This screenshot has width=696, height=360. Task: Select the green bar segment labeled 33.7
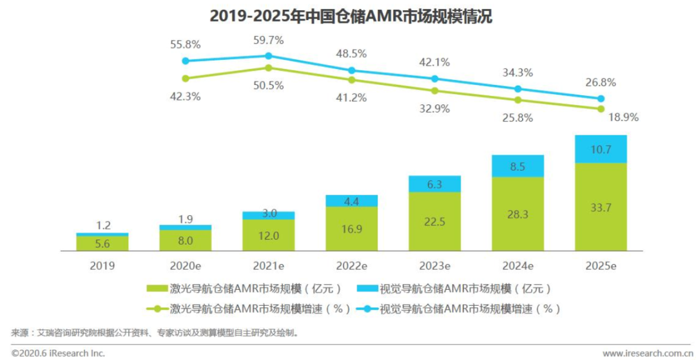[601, 207]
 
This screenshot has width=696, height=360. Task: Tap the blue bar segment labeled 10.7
[601, 149]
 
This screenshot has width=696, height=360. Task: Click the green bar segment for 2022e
[351, 229]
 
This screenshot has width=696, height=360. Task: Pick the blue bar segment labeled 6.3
[434, 184]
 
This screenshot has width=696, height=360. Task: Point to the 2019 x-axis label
[102, 265]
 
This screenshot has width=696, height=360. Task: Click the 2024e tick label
[517, 265]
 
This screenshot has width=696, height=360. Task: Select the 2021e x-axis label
[268, 265]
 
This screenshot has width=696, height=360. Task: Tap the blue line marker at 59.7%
[269, 56]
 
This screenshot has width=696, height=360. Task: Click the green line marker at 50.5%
[269, 68]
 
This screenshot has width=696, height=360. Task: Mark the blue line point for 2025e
[601, 99]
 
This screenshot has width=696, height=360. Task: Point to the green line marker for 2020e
[186, 79]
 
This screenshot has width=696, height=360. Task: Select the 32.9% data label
[435, 108]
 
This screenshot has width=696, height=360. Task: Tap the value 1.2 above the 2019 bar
[102, 225]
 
